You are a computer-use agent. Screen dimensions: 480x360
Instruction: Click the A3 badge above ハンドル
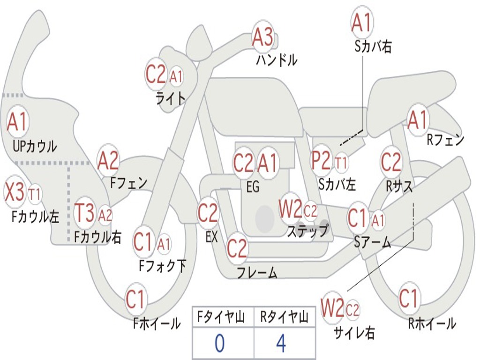262,37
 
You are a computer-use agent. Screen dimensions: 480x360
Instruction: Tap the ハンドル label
277,60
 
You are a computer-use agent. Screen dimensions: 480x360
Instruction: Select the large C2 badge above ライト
156,74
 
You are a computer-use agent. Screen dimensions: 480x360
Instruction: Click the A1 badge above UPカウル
18,122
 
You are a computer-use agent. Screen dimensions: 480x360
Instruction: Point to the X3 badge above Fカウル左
15,192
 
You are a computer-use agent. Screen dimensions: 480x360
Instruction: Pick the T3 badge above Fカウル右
85,213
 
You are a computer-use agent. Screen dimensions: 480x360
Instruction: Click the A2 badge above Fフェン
108,161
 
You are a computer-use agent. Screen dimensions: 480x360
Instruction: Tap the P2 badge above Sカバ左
321,161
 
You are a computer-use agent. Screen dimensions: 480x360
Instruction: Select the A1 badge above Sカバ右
362,22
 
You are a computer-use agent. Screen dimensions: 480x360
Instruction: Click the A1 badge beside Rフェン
418,120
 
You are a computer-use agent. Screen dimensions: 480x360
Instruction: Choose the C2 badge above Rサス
391,162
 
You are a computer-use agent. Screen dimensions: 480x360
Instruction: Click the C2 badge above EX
208,214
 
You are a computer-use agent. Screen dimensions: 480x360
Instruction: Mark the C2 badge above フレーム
237,248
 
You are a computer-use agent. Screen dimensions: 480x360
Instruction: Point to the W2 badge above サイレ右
332,308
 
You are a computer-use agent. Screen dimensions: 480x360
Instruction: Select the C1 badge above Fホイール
136,299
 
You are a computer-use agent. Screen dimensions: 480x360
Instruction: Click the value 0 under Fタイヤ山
219,344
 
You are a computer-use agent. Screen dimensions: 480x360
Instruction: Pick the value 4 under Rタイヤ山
281,344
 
